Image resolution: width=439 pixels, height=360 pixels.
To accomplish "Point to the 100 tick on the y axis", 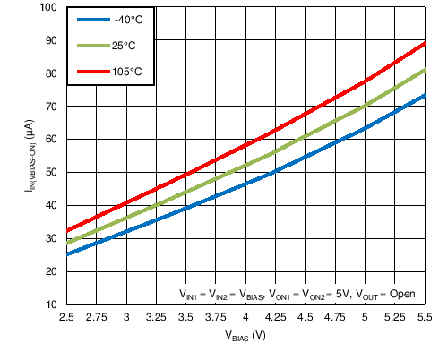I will tap(48, 8).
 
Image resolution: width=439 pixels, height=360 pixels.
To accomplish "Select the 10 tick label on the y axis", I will tap(51, 304).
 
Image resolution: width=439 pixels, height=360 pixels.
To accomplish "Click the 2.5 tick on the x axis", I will tap(66, 317).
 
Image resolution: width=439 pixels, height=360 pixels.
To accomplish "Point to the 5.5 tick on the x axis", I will tap(425, 317).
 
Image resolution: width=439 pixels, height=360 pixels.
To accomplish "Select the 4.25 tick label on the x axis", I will tap(275, 317).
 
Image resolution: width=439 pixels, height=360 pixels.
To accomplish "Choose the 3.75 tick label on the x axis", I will tap(216, 317).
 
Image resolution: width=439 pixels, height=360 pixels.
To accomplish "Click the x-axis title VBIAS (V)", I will tap(245, 336).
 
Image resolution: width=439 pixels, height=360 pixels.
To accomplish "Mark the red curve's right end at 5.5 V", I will tap(424, 42).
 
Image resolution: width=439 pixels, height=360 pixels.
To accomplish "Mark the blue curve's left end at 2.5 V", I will tap(67, 254).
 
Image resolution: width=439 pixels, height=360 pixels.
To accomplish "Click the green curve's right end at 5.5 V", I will tap(424, 70).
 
